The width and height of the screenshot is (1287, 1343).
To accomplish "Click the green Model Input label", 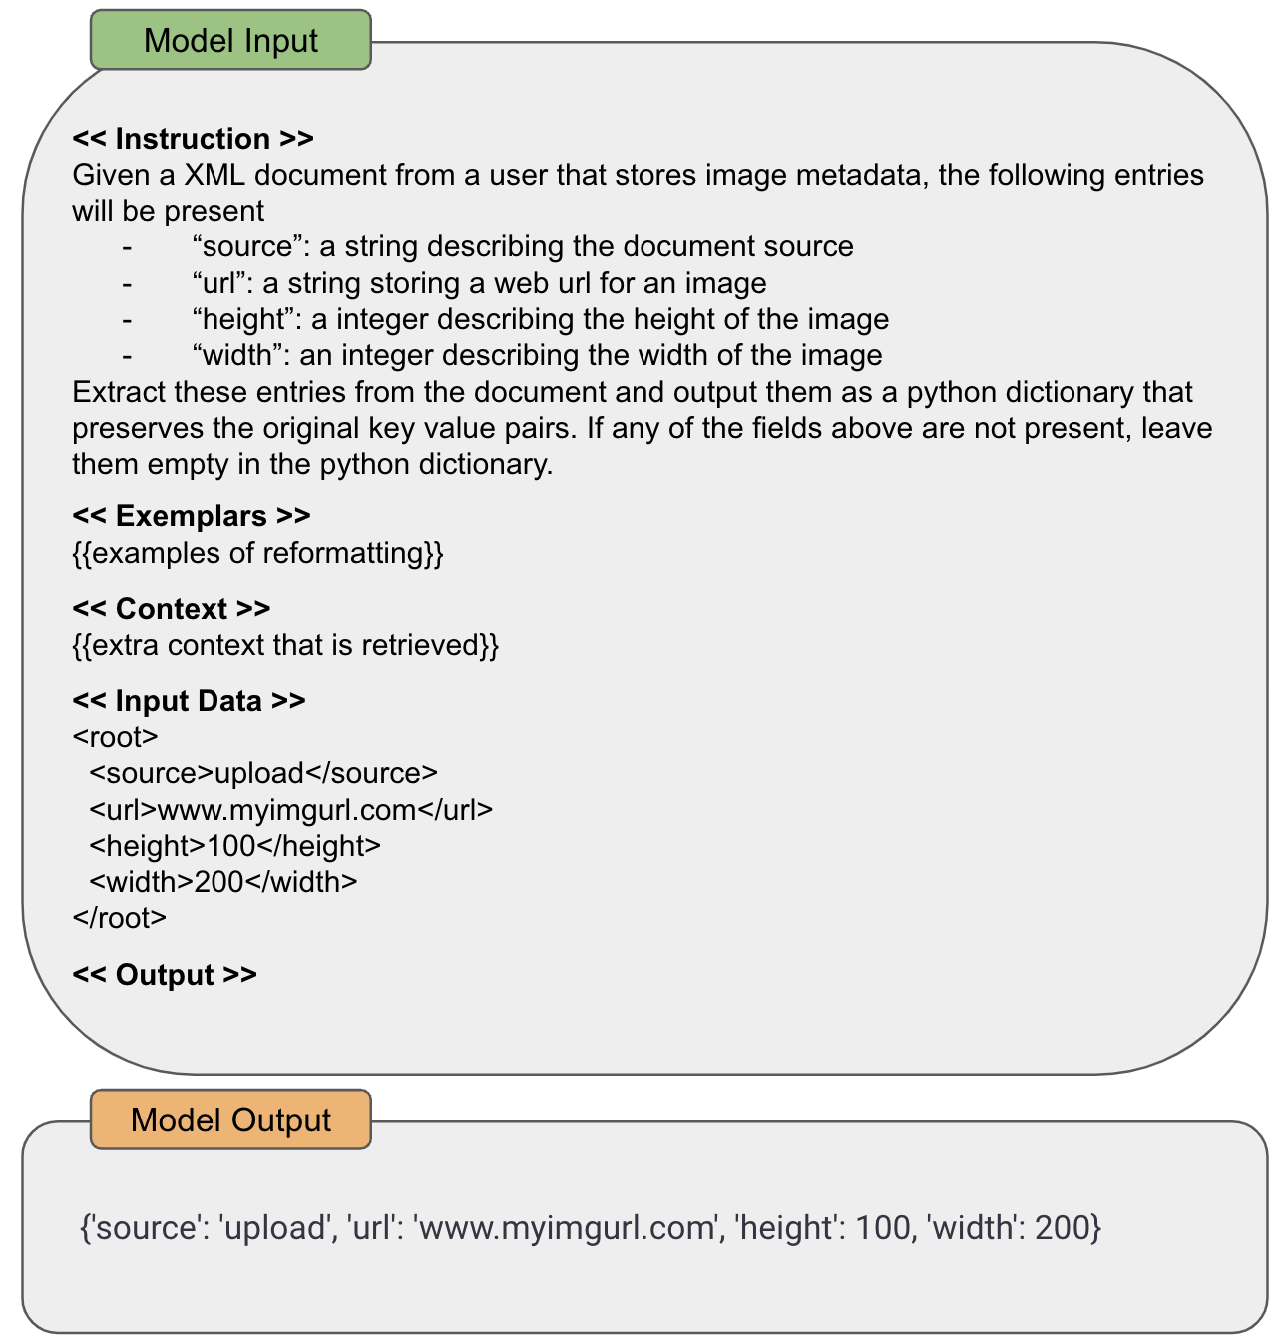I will pyautogui.click(x=230, y=40).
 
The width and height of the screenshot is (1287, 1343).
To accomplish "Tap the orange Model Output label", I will pyautogui.click(x=230, y=1119).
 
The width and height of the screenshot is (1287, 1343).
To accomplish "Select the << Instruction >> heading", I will pyautogui.click(x=193, y=138).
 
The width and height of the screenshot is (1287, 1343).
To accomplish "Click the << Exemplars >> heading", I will pyautogui.click(x=192, y=516).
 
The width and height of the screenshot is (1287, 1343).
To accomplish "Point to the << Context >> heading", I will pyautogui.click(x=172, y=609).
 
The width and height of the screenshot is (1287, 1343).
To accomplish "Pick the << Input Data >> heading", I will pyautogui.click(x=189, y=701).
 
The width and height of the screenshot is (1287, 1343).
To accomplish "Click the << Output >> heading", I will pyautogui.click(x=165, y=975).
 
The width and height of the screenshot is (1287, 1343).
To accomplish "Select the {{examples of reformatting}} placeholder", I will pyautogui.click(x=257, y=553).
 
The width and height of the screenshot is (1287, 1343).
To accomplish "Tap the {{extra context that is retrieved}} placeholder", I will pyautogui.click(x=285, y=645).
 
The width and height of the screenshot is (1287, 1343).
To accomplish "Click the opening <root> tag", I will pyautogui.click(x=115, y=737).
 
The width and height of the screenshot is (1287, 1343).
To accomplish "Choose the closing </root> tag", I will pyautogui.click(x=119, y=918).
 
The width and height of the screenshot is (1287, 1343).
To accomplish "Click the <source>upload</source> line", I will pyautogui.click(x=263, y=773).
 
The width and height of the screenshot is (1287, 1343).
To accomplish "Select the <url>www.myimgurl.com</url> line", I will pyautogui.click(x=290, y=809).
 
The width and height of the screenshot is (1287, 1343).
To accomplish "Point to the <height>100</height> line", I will pyautogui.click(x=234, y=846).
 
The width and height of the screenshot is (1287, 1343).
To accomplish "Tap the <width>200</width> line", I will pyautogui.click(x=222, y=882).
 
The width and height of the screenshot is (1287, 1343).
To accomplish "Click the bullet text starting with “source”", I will pyautogui.click(x=523, y=246).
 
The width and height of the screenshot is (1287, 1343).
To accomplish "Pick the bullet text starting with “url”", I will pyautogui.click(x=479, y=283).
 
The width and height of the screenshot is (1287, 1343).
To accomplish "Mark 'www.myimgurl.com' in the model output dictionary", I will pyautogui.click(x=567, y=1227).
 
